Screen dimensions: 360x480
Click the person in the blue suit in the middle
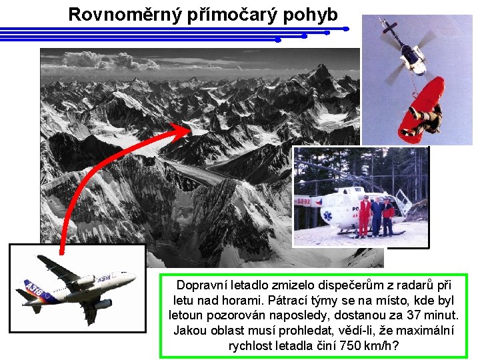377,215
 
